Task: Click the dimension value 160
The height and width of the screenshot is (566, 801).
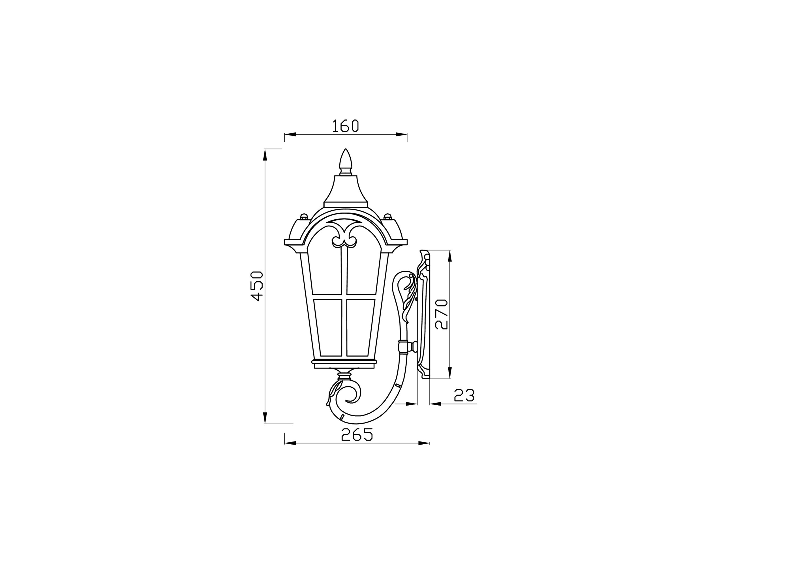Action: (345, 126)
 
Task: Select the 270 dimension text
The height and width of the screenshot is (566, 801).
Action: (442, 314)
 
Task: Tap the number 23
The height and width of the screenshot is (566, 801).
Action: (464, 395)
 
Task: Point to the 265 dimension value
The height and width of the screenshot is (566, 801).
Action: (357, 434)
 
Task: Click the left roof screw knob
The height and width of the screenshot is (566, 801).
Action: (304, 216)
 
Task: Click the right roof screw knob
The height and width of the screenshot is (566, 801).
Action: (387, 216)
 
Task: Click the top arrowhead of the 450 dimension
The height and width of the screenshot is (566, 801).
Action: (265, 155)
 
